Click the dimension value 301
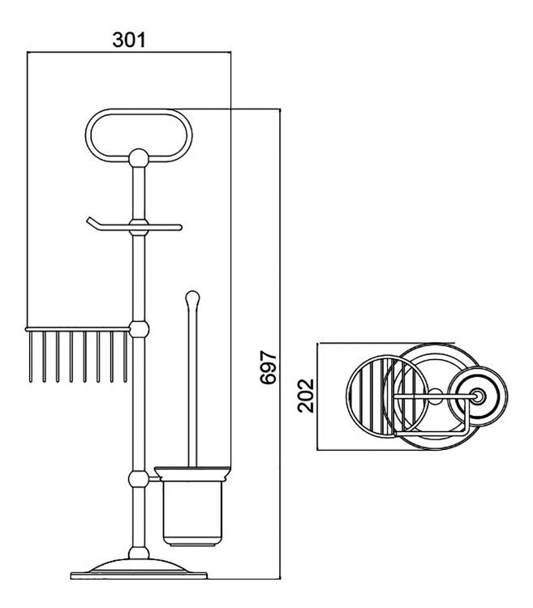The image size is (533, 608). point(129,40)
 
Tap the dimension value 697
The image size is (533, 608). point(268,366)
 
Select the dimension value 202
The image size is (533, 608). point(306,395)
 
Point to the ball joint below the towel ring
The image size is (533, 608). point(139,158)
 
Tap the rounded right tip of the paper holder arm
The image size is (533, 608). point(179,227)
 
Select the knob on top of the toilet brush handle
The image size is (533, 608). point(192,298)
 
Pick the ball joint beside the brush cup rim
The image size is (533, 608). point(139,480)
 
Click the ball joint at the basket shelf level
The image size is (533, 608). point(139,329)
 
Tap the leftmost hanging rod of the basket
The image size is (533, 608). point(31,357)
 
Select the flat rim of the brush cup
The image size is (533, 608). point(193,473)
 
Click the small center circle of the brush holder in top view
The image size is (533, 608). point(478,396)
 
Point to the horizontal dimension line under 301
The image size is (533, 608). point(129,52)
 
